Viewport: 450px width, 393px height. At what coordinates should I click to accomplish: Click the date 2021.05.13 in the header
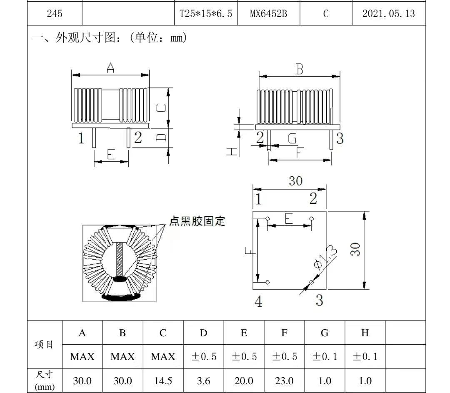(388, 13)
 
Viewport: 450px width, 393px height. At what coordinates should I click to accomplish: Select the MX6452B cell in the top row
(268, 13)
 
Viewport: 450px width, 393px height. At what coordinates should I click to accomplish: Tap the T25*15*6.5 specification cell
(205, 13)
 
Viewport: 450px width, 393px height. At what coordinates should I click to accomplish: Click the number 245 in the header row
(55, 13)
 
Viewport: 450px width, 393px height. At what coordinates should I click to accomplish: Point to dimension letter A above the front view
(110, 68)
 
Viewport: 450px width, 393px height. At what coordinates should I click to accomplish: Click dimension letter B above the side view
(300, 69)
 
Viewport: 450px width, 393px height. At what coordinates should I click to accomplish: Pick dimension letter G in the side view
(292, 138)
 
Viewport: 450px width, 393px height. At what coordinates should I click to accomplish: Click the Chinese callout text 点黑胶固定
(197, 221)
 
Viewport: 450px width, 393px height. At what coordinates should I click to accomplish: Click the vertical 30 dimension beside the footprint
(355, 250)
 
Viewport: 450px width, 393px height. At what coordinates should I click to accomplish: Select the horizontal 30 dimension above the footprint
(295, 181)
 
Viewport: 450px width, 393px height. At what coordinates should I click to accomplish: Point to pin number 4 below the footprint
(258, 302)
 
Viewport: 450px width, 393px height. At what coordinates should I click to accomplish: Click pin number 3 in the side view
(340, 138)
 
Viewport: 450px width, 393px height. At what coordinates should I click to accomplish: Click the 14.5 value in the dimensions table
(163, 380)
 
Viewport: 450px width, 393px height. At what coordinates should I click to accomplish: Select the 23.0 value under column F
(284, 380)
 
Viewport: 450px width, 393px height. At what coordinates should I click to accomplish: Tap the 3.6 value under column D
(203, 380)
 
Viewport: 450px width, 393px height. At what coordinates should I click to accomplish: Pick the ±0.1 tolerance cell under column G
(325, 357)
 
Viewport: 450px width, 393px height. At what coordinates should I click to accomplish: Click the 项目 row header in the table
(44, 345)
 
